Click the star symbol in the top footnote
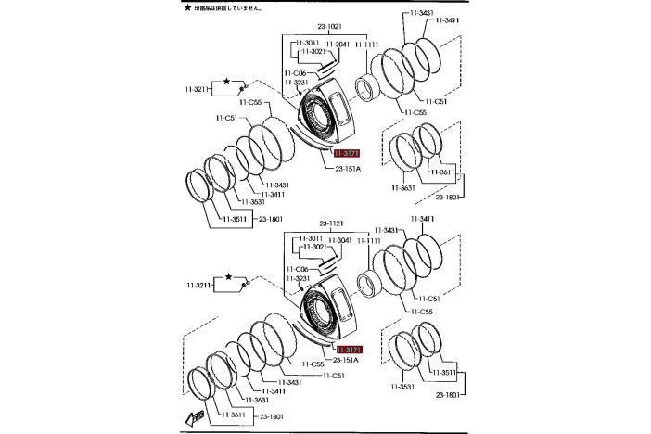(x=187, y=7)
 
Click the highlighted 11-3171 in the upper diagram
(x=343, y=152)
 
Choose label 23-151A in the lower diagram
(x=346, y=361)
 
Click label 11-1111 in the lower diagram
(x=368, y=241)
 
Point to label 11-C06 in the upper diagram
(x=297, y=72)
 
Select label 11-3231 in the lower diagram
(x=298, y=278)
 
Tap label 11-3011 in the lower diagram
(x=309, y=239)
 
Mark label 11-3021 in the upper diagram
(x=312, y=52)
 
